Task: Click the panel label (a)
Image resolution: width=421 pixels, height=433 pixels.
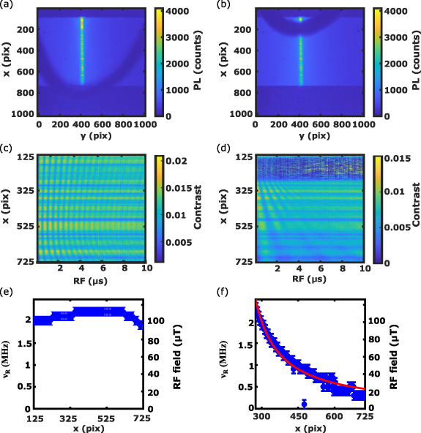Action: coord(7,5)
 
